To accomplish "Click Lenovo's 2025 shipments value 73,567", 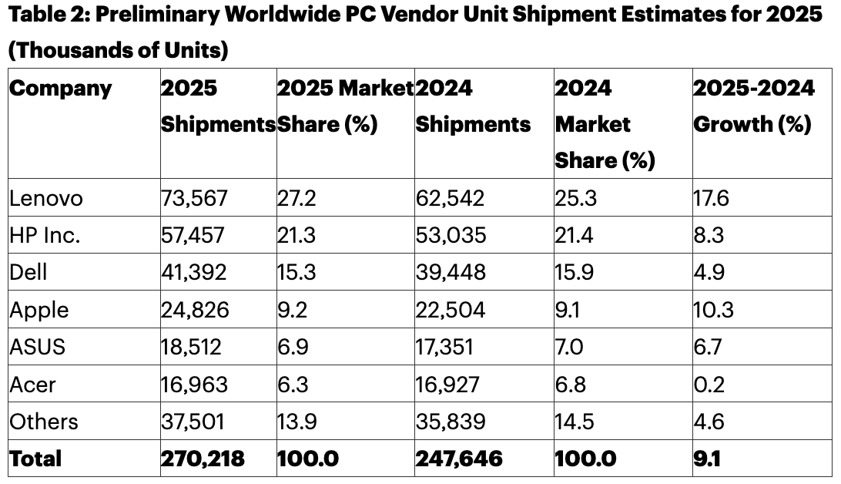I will tap(194, 199).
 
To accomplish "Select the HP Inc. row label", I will tap(45, 236).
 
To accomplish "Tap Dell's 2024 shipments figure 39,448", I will tap(451, 273).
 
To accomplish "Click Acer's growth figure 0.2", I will tap(709, 384).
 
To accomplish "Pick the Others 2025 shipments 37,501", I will tap(194, 422).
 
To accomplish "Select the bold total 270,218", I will tap(203, 459).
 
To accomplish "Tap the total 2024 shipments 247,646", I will tap(459, 459).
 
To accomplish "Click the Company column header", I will tap(61, 89).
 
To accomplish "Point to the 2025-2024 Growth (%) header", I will tap(753, 106).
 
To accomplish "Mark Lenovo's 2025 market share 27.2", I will tap(297, 199).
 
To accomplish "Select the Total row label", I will tap(35, 459).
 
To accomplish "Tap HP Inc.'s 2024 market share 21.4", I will tap(574, 236).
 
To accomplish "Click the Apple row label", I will tap(39, 310).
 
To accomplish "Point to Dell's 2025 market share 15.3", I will tap(297, 273).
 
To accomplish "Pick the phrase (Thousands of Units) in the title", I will tap(119, 51).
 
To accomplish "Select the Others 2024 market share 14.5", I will tap(575, 422).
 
